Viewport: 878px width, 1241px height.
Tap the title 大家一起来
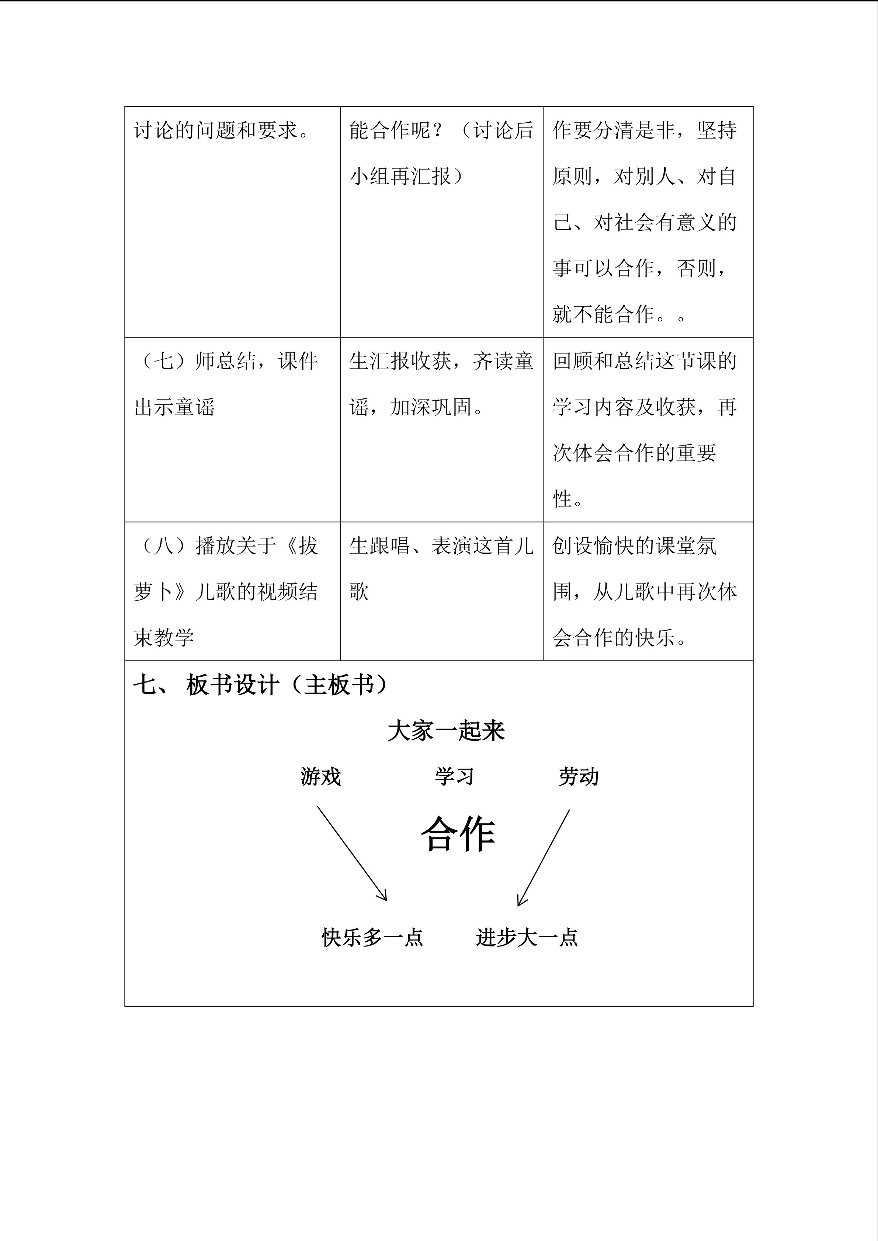[446, 731]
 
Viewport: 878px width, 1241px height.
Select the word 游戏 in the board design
[320, 777]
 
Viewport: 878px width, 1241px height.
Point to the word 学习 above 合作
[454, 777]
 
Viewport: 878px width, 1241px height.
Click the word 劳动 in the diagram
[579, 777]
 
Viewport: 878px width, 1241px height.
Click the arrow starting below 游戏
[352, 854]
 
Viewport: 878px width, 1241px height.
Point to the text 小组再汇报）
[407, 176]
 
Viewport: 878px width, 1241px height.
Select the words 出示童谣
[174, 407]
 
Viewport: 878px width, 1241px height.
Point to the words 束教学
[164, 638]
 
